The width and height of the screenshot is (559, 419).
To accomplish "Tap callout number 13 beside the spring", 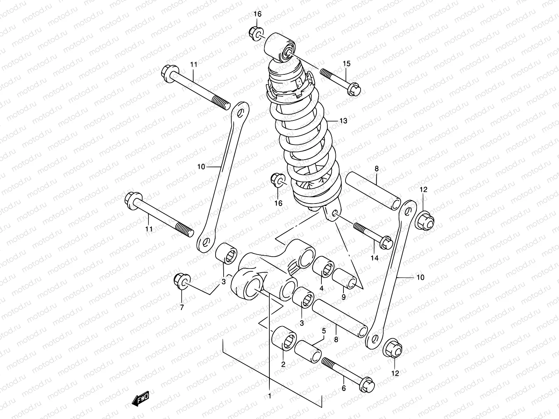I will (x=343, y=121).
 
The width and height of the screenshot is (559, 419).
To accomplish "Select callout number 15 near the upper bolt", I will (x=346, y=64).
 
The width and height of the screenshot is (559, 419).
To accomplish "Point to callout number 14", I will (x=375, y=258).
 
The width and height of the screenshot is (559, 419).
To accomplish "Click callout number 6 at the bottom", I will (x=343, y=388).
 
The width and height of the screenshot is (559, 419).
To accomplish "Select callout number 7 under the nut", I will (x=181, y=308).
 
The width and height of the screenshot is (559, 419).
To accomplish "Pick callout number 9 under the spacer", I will (x=343, y=297).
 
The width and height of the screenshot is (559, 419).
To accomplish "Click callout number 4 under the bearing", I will (x=321, y=288).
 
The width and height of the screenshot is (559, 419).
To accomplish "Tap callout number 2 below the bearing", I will (x=283, y=365).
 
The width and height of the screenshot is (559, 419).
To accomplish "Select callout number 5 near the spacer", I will (x=324, y=330).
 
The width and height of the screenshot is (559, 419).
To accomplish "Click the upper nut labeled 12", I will (x=424, y=220).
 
